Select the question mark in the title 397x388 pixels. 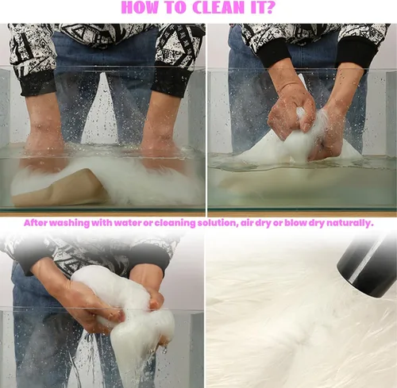270,7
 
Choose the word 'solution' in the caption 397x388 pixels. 217,223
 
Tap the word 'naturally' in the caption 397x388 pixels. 349,224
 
